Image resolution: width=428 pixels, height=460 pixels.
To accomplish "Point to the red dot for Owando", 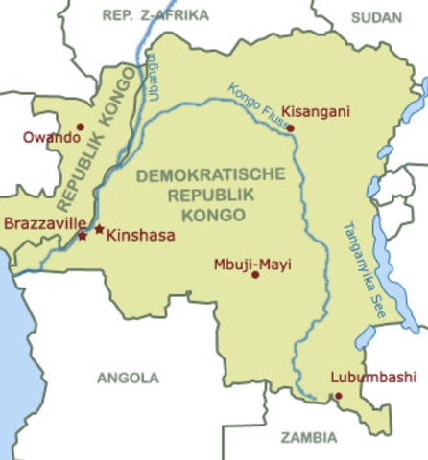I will (81, 126).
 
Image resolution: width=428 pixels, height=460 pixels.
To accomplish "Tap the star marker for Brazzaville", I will (83, 235).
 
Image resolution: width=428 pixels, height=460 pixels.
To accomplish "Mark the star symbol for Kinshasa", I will (99, 229).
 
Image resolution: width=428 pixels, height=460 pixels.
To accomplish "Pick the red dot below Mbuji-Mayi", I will (255, 275).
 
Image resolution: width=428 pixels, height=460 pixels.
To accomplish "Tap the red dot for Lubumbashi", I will (338, 395).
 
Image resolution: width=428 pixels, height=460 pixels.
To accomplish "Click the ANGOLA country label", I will (128, 378).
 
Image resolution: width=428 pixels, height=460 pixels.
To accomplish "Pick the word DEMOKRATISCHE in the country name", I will (210, 175).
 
